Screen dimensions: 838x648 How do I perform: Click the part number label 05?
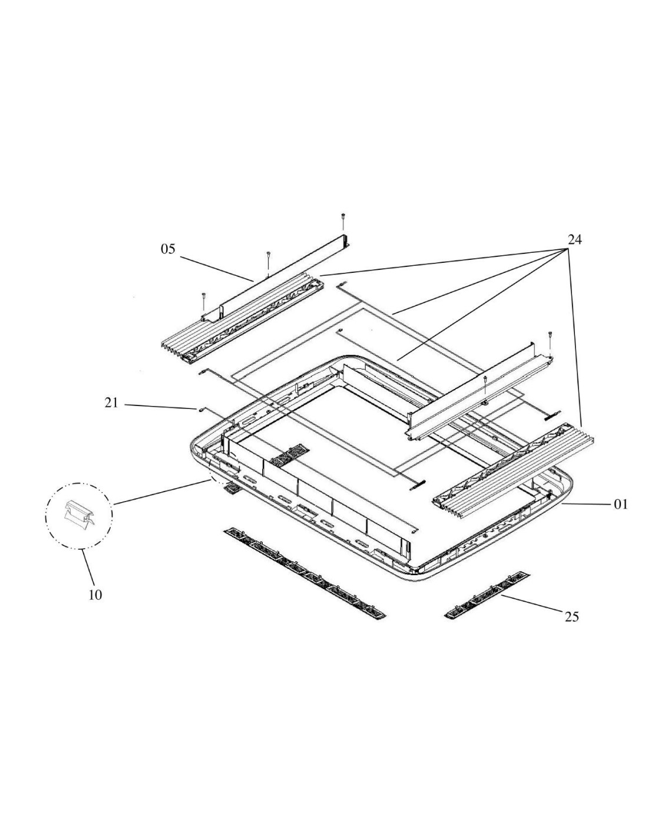[168, 249]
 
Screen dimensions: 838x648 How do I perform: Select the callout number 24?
[575, 239]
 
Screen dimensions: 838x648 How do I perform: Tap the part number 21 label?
[111, 403]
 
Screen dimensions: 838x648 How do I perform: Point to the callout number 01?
[621, 504]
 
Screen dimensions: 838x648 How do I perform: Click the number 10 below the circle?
[95, 595]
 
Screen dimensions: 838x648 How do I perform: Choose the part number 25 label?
[571, 617]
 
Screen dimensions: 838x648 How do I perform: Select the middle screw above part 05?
[268, 258]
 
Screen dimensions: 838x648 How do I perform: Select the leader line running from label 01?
[586, 504]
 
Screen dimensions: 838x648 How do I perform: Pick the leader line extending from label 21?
[159, 405]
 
